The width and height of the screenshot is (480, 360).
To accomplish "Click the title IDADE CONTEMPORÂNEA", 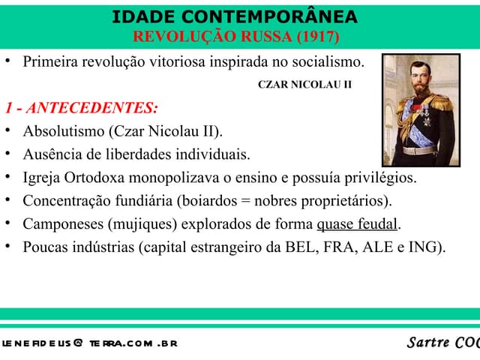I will [x=235, y=17].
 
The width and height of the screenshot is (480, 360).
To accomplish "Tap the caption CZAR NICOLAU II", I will [x=304, y=84].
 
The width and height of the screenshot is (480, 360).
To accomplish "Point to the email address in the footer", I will [x=88, y=343].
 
